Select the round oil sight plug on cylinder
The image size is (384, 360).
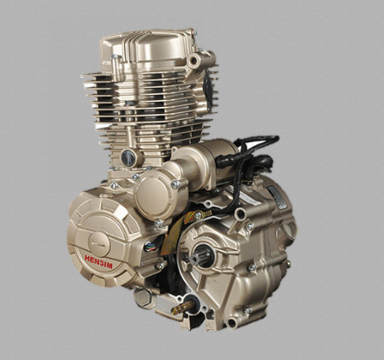[129, 158]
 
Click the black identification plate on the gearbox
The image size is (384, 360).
[277, 197]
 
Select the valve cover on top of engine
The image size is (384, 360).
[146, 48]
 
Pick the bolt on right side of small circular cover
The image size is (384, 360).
[176, 184]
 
